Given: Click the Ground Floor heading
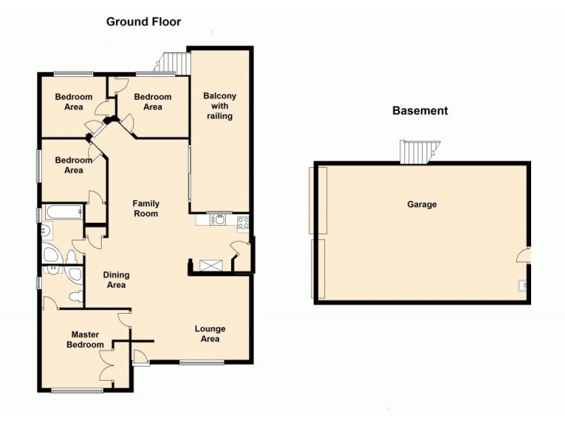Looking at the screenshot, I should point(143,22).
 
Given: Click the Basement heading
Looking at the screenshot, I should point(420,111).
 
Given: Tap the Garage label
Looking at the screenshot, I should point(422,204).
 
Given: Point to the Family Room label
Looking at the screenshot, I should point(146,208).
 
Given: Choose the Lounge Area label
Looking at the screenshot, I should point(210,333).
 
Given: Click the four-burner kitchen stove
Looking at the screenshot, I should point(242,222).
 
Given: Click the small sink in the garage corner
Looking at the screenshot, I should point(522,286).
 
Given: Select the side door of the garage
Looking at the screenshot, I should point(523,255).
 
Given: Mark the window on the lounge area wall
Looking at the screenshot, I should point(201,363).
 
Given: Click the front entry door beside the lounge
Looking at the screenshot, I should point(141,357).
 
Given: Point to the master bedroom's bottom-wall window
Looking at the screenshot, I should point(72,390).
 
